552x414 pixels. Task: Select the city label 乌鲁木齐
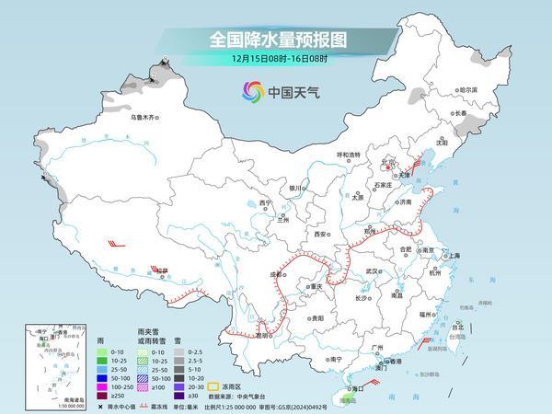144,118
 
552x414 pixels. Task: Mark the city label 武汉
372,271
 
